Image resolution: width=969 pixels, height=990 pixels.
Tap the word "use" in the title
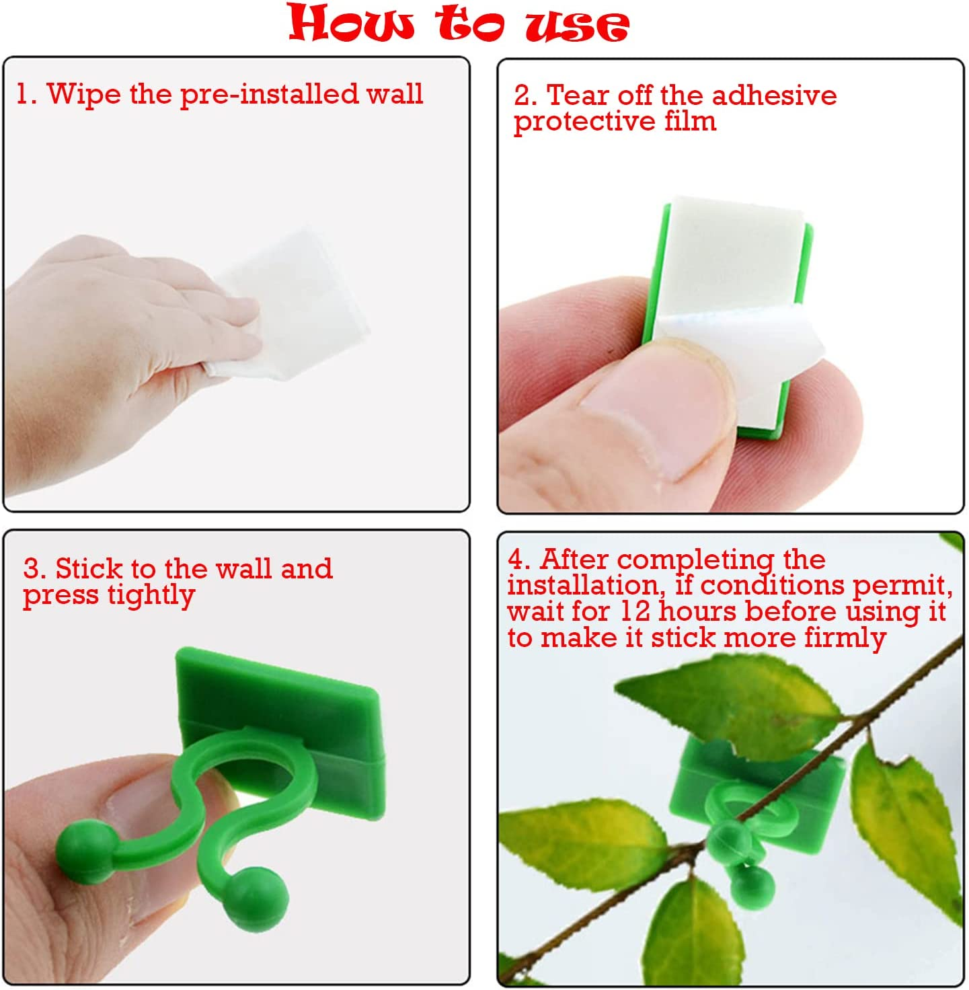(x=577, y=25)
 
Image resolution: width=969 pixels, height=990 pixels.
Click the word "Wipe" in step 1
(x=84, y=93)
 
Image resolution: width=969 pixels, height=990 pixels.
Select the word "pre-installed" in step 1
(x=269, y=94)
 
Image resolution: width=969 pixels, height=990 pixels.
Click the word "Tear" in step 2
(x=578, y=96)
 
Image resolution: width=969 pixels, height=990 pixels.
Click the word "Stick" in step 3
(x=88, y=569)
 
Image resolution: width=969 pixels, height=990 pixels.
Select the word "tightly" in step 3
(x=151, y=596)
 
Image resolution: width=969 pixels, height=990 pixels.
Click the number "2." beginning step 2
(x=525, y=96)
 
